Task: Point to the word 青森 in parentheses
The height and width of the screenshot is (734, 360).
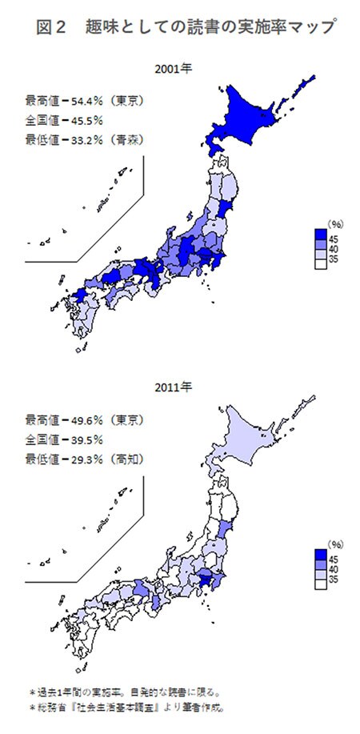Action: click(142, 140)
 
